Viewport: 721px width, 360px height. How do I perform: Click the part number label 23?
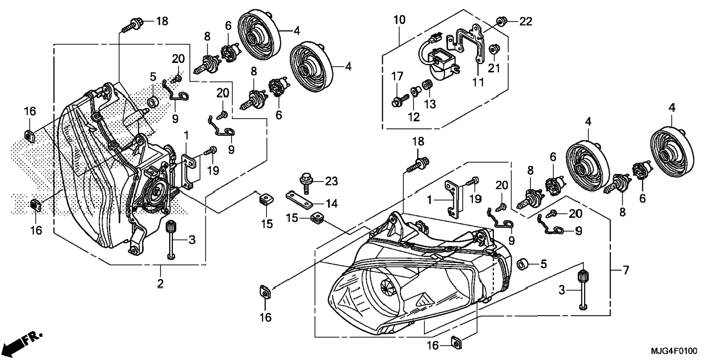[331, 181]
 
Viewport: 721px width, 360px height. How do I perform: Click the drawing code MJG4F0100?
[674, 351]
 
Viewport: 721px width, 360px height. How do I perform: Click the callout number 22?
[526, 22]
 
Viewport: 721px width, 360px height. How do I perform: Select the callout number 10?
[399, 20]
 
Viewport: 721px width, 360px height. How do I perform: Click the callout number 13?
[430, 104]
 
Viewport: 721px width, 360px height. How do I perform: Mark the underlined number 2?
[160, 283]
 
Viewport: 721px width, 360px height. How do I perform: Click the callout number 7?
[626, 270]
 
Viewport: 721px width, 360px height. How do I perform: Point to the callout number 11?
[478, 82]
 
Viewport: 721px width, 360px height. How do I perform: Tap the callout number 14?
[331, 203]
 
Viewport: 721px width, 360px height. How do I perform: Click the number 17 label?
[397, 76]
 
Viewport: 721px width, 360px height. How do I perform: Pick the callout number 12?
[414, 117]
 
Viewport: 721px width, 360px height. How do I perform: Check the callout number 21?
[494, 68]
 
